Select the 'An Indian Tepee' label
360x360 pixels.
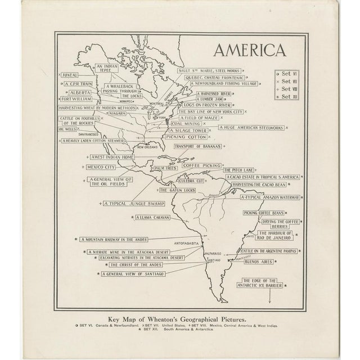pos(108,68)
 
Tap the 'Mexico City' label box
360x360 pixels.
pos(101,167)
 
